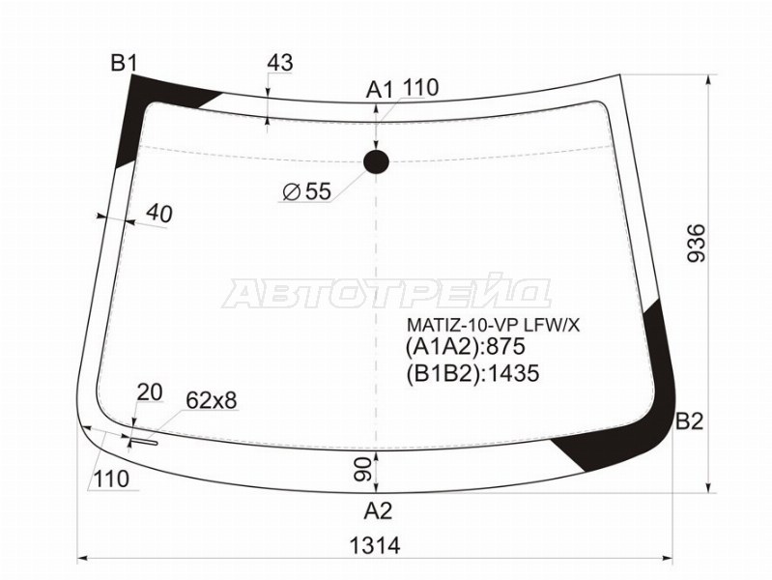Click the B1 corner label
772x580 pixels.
[x=124, y=64]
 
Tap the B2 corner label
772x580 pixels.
[x=690, y=421]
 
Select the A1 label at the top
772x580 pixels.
[x=379, y=90]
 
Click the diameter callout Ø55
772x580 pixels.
[x=306, y=192]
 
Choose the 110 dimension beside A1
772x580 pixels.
[x=420, y=88]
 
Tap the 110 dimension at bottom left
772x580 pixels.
[x=111, y=478]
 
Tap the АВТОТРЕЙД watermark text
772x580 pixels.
[x=386, y=291]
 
